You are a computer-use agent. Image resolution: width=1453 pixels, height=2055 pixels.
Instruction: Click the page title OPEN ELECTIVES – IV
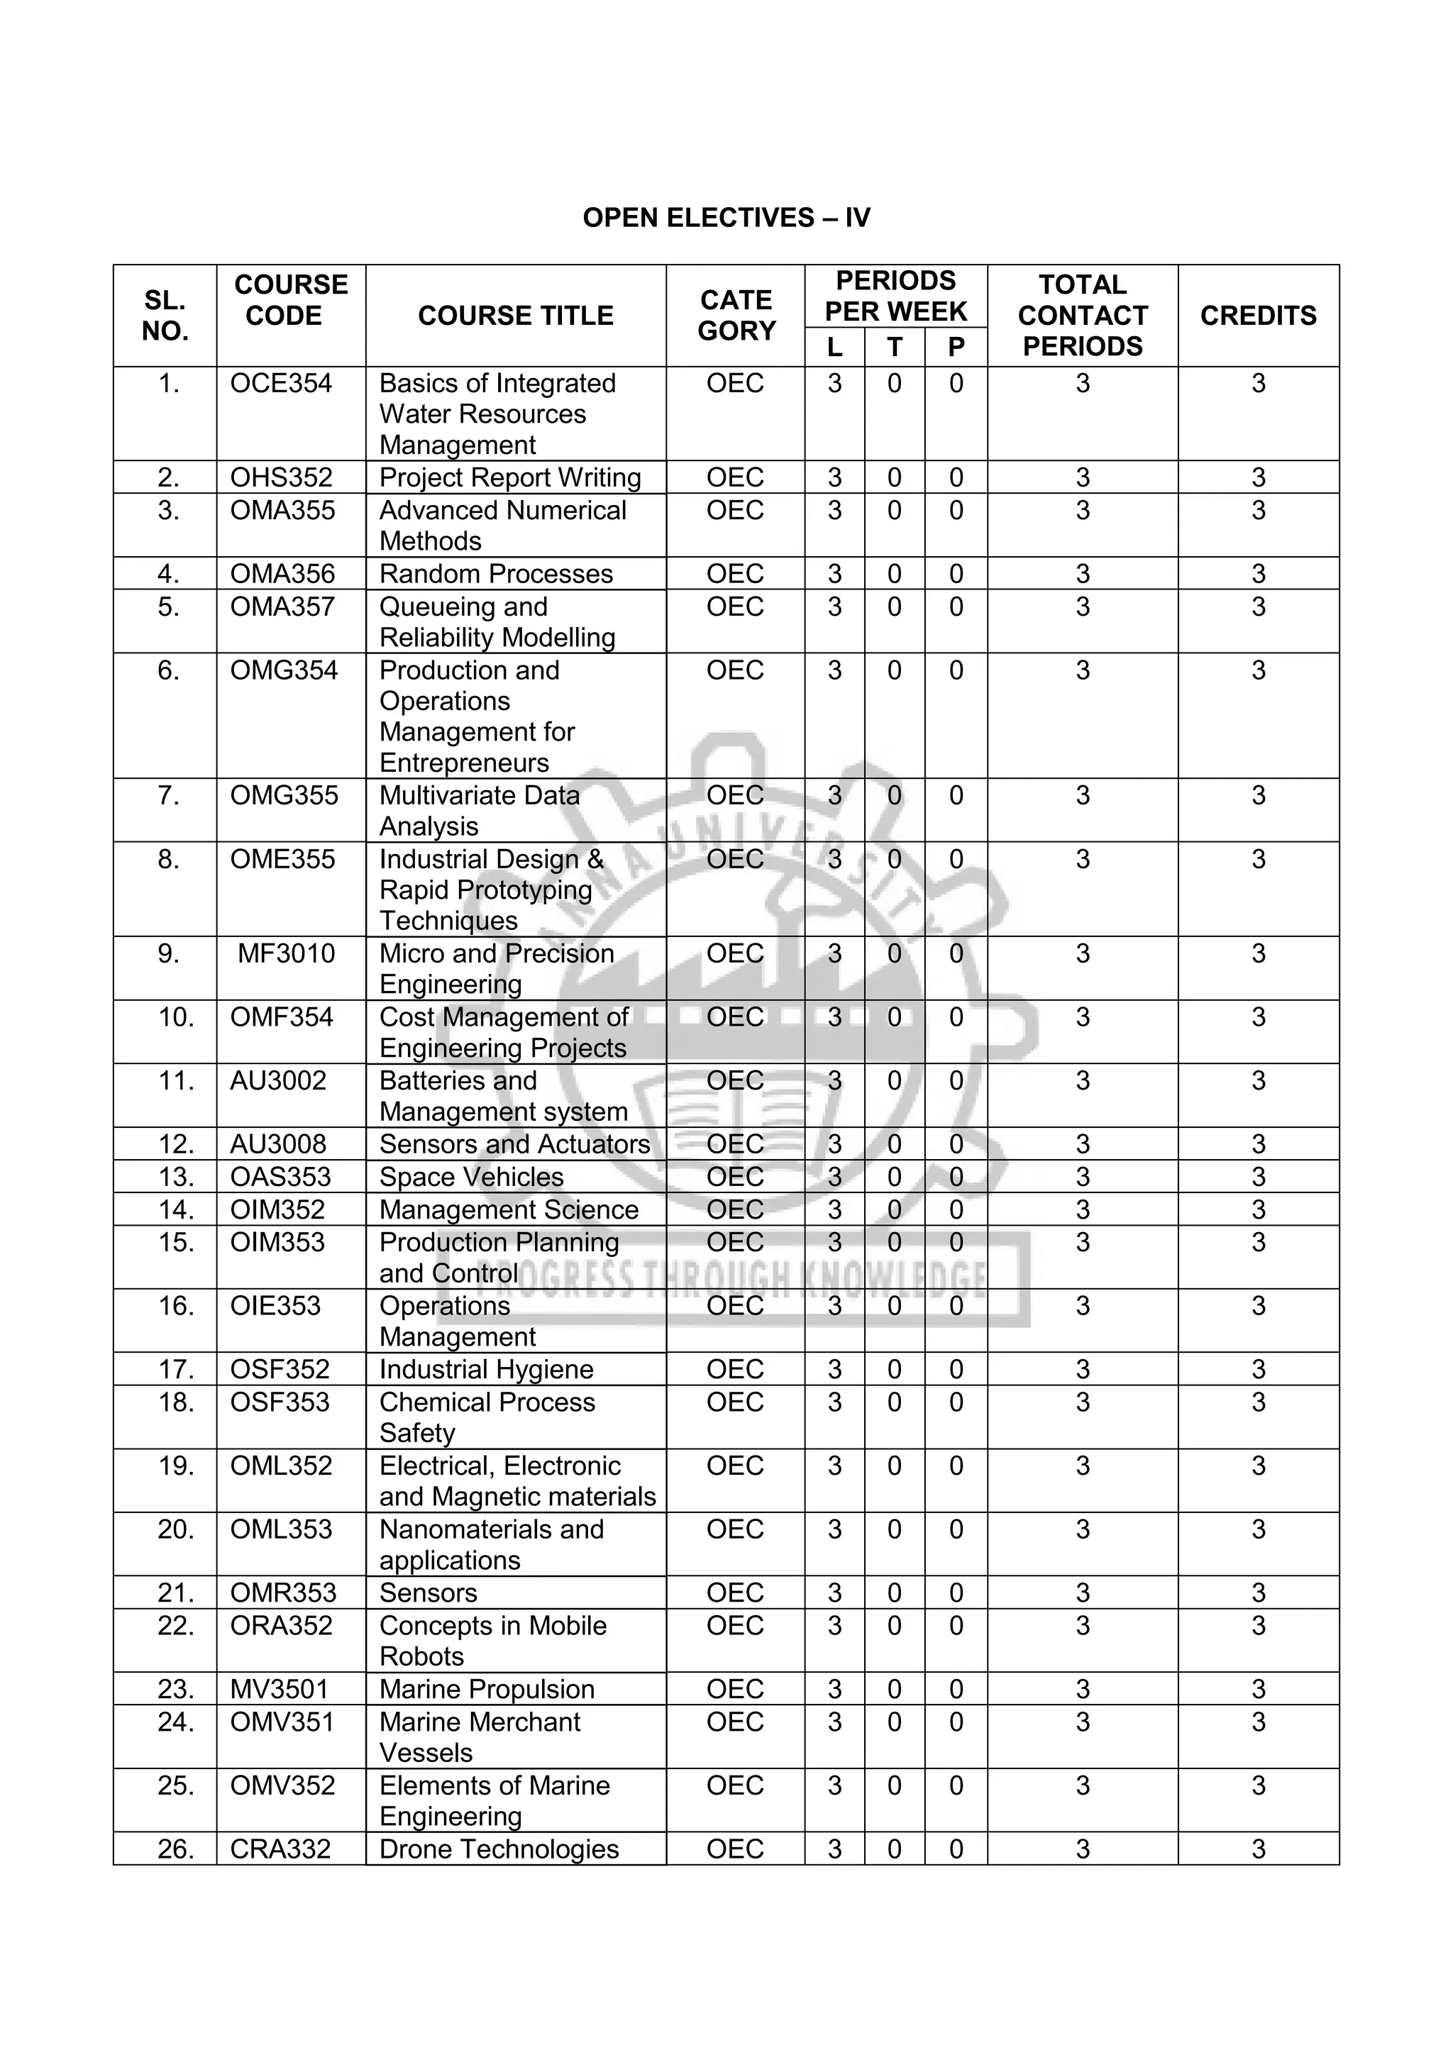coord(726,218)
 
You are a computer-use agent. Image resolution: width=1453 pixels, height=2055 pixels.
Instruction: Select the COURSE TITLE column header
coord(515,315)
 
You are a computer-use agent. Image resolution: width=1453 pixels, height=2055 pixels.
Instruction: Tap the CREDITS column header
coord(1258,315)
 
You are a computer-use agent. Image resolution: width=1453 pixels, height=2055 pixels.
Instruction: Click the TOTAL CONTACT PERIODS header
coord(1083,315)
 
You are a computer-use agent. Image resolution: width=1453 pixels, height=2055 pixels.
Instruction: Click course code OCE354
coord(280,383)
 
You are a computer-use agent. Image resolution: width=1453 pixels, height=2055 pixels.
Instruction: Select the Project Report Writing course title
coord(509,477)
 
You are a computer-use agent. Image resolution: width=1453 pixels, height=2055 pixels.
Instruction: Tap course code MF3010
coord(286,953)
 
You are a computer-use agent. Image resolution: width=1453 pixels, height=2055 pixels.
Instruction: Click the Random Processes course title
coord(496,574)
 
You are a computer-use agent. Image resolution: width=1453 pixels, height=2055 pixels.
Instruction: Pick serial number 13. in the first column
coord(175,1176)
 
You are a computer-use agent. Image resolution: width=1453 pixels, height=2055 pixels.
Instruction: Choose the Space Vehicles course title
coord(471,1176)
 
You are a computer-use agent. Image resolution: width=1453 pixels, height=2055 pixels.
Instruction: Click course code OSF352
coord(280,1368)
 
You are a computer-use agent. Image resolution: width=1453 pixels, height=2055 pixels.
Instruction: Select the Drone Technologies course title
coord(499,1849)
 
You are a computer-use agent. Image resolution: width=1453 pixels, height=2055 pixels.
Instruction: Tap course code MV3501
coord(280,1689)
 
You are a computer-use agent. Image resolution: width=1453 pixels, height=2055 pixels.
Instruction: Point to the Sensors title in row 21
coord(428,1593)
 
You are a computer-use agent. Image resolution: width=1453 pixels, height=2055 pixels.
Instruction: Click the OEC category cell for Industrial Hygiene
coord(734,1368)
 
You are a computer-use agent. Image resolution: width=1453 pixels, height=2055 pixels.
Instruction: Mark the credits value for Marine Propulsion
coord(1258,1689)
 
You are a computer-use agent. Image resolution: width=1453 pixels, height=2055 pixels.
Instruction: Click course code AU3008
coord(277,1144)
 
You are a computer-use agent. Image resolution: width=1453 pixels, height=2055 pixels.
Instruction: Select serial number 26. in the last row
coord(175,1849)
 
